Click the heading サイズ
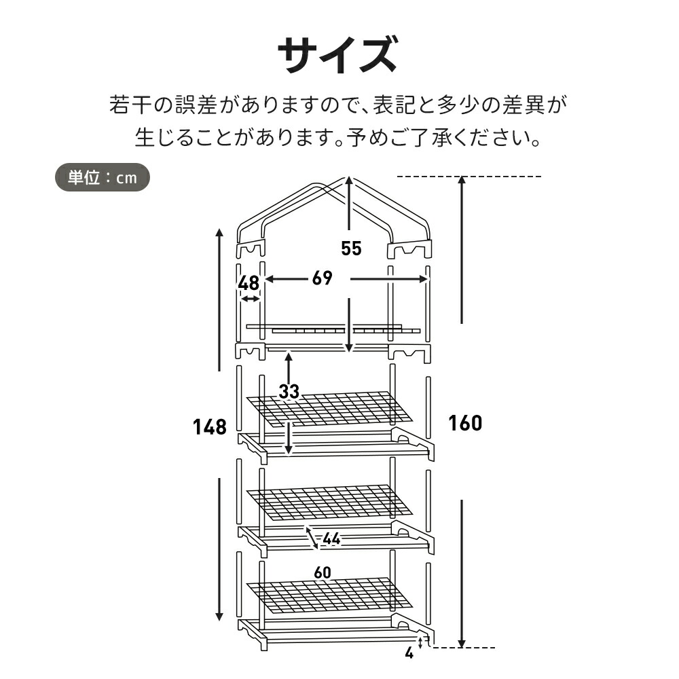(337, 55)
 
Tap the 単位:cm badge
(102, 178)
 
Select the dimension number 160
(465, 423)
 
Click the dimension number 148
(209, 427)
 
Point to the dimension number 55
(351, 249)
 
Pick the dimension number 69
(323, 278)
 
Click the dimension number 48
(249, 282)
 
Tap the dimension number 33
(289, 391)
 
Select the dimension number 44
(331, 539)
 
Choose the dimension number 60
(323, 572)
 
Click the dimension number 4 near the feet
(409, 654)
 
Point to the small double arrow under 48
(250, 299)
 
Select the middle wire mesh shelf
(330, 502)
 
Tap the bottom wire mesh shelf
(330, 595)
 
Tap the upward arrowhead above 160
(462, 180)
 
